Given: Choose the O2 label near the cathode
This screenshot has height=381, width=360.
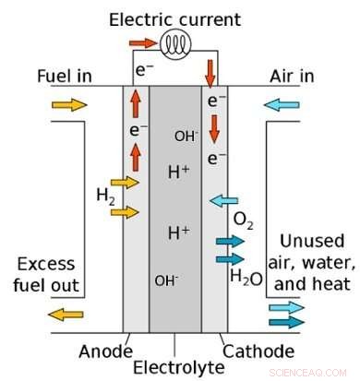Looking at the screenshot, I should click(x=244, y=220).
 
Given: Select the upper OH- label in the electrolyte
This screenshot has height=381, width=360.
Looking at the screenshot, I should click(x=186, y=137).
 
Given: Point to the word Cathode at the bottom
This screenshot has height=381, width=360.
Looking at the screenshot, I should click(x=258, y=351).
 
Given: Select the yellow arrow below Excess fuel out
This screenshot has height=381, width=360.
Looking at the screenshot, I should click(x=61, y=314).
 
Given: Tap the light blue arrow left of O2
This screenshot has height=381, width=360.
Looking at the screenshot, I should click(x=223, y=200).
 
